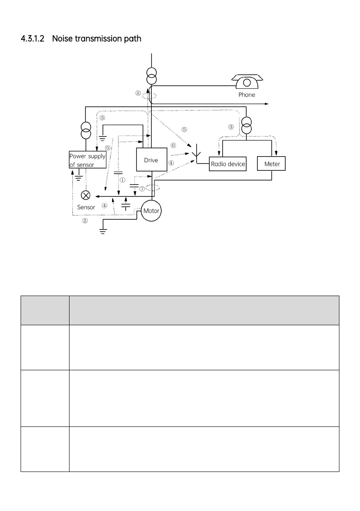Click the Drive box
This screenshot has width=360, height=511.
(x=151, y=160)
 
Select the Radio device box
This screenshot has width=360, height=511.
(x=228, y=164)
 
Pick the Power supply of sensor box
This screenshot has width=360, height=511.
(x=88, y=160)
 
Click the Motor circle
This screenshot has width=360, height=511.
(x=151, y=211)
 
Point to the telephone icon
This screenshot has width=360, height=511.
(x=247, y=81)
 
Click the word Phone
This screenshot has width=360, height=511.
(x=247, y=95)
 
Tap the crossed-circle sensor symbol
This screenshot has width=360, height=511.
(x=86, y=195)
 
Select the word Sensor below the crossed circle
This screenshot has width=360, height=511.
(x=86, y=207)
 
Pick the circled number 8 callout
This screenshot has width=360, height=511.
(x=138, y=93)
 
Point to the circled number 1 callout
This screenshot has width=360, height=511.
(x=122, y=180)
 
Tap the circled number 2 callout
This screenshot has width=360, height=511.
(x=85, y=221)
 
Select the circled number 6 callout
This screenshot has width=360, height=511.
(x=173, y=145)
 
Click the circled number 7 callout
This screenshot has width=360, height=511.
(x=142, y=189)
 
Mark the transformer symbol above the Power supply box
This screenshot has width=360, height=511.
(x=85, y=130)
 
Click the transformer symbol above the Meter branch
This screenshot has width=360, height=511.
(x=246, y=125)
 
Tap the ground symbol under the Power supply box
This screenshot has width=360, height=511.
(x=79, y=176)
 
